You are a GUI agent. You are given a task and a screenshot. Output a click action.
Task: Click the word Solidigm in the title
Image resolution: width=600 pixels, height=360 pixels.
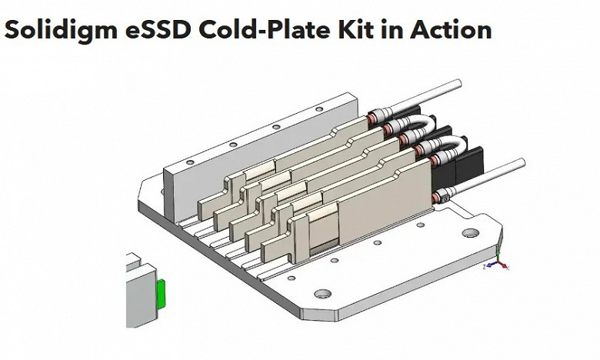[x=61, y=29]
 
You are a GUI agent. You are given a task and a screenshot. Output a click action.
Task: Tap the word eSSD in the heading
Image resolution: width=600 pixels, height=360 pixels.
[x=158, y=28]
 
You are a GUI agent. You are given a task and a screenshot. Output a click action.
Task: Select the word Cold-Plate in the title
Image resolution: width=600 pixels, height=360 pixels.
[x=265, y=28]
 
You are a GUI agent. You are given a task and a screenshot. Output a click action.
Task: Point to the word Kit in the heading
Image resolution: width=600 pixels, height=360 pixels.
[x=355, y=28]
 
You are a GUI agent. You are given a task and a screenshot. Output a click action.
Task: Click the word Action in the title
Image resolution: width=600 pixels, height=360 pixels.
[x=451, y=28]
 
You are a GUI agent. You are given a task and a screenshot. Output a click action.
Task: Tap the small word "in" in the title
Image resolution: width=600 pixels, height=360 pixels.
[x=391, y=28]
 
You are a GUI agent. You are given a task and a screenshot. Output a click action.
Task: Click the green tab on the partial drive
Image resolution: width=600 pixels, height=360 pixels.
[x=161, y=294]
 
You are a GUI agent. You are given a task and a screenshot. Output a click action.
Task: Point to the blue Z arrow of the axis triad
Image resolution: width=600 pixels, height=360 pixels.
[x=491, y=265]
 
